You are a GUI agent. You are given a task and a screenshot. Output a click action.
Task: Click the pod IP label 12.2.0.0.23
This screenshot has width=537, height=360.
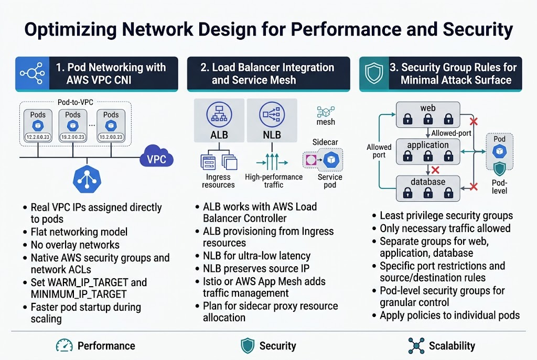click(38, 137)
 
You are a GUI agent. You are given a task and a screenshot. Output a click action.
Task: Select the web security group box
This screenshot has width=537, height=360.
click(428, 114)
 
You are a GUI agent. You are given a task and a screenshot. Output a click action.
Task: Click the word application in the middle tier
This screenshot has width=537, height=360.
click(428, 145)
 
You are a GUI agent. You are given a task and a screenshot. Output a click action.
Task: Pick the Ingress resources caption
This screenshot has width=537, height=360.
click(218, 181)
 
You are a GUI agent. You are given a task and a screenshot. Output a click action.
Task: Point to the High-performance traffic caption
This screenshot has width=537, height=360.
click(274, 181)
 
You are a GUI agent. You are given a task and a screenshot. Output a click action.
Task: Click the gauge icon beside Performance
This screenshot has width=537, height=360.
click(64, 345)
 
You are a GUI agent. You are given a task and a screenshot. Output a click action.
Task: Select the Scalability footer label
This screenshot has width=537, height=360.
click(452, 346)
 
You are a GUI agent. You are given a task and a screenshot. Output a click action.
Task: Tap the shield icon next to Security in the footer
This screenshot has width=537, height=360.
click(248, 345)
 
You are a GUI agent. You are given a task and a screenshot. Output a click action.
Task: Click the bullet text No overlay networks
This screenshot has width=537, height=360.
click(75, 245)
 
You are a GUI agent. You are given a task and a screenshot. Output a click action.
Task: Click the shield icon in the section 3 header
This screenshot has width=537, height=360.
click(374, 74)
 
